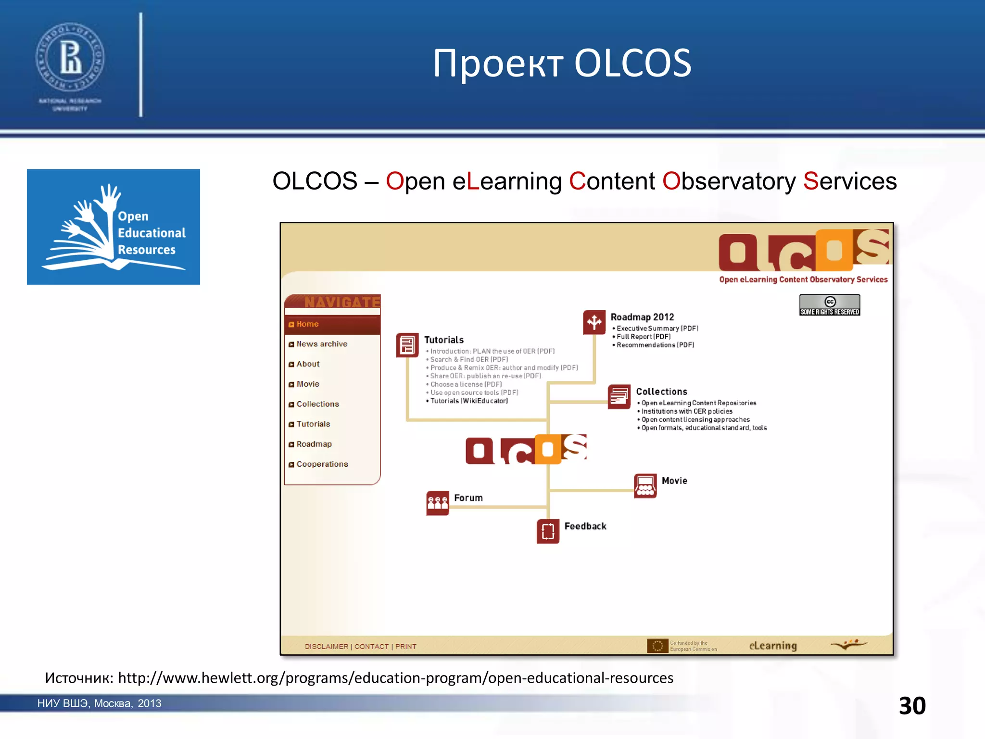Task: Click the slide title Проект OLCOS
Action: tap(562, 63)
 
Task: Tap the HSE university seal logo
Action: tap(70, 58)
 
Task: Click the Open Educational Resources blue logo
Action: tap(114, 227)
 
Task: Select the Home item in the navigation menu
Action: tap(307, 324)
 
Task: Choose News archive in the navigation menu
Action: tap(321, 344)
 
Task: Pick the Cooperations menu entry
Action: tap(322, 464)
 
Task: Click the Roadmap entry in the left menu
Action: tap(314, 444)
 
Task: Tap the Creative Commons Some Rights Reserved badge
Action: tap(829, 305)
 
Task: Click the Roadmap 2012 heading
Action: tap(642, 317)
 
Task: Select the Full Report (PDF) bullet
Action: tap(643, 337)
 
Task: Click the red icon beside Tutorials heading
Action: tap(407, 345)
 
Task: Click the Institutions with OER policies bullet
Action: tap(686, 411)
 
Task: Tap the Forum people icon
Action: tap(437, 503)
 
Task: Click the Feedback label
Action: tap(585, 526)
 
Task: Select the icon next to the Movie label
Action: tap(645, 485)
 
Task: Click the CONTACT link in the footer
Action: tap(371, 647)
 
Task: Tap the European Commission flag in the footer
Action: tap(657, 646)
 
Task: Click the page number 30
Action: tap(912, 706)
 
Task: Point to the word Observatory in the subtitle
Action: tap(729, 181)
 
